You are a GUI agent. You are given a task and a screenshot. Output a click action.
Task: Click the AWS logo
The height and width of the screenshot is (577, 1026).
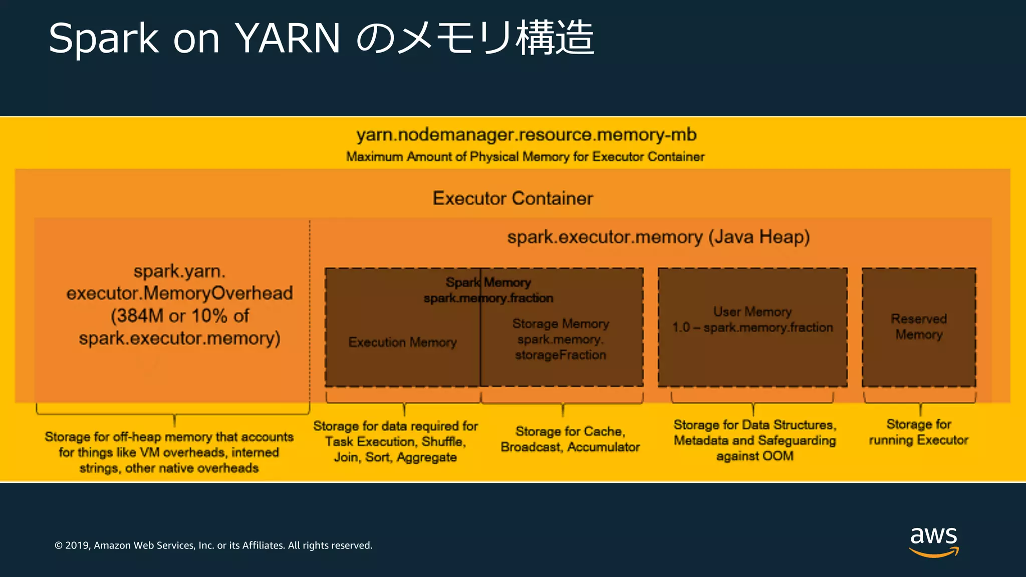coord(933,541)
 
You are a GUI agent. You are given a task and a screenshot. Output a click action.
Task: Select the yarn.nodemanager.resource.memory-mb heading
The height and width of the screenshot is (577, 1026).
coord(526,135)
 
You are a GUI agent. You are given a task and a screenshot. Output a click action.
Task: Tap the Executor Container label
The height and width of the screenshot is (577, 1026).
coord(512,198)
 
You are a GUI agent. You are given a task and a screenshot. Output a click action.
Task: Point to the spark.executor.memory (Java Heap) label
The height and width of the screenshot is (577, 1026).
coord(658,236)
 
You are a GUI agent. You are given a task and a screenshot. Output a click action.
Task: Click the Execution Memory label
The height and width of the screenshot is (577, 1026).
coord(402,342)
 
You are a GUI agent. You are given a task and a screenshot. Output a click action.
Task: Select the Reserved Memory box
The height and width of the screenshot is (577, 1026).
coord(919,327)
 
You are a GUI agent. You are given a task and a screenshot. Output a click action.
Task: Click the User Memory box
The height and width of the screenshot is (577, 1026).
coord(752,327)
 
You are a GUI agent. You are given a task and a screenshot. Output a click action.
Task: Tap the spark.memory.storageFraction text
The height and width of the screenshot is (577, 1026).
coord(560,347)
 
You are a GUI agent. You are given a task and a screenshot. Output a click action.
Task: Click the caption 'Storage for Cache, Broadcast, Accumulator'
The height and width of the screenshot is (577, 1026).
coord(570,439)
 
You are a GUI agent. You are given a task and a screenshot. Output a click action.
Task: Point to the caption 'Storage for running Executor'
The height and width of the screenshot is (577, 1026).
coord(918,432)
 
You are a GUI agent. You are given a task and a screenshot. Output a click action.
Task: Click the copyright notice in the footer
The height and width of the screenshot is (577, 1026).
coord(213,545)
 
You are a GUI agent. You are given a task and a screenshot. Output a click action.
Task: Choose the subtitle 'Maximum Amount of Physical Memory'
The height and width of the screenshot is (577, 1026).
coord(525,157)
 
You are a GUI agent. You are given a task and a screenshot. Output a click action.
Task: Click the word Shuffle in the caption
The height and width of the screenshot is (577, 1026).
coord(443,441)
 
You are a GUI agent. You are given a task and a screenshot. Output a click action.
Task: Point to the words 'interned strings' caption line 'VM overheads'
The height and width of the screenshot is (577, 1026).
coord(169,452)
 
